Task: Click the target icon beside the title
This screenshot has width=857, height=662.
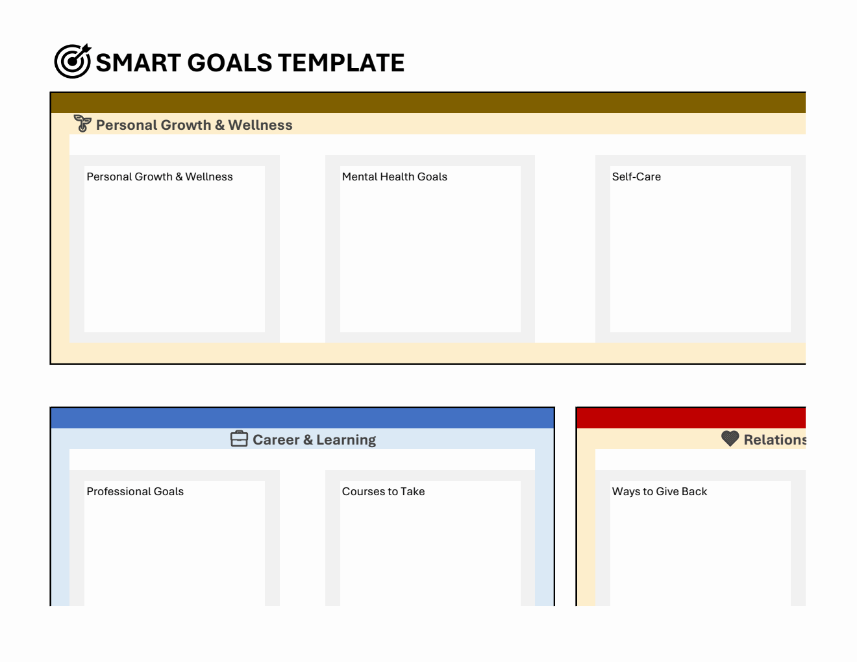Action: [72, 62]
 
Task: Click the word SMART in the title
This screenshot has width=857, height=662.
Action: [138, 63]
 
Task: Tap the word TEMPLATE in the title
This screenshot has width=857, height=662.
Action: [341, 63]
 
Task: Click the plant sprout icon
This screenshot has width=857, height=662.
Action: [82, 123]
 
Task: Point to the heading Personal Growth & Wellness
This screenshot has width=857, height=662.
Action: [194, 125]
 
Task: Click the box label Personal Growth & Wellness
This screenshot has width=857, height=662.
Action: [160, 177]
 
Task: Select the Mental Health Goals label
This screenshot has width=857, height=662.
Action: [395, 177]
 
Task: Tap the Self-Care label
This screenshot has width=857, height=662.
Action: [636, 177]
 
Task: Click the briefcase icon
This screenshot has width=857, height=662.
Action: [239, 439]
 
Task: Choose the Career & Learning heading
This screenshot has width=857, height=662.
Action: [314, 440]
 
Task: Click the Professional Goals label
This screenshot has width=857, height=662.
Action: [135, 491]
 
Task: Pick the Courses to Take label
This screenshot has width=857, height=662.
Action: [383, 491]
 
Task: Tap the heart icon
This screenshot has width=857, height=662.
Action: [730, 439]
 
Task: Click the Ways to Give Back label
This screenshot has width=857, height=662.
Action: [660, 491]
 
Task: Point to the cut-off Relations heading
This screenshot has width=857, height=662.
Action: [774, 440]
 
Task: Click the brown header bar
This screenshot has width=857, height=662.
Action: [429, 103]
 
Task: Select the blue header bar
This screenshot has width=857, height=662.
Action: [303, 418]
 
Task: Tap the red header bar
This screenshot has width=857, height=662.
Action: [691, 418]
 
